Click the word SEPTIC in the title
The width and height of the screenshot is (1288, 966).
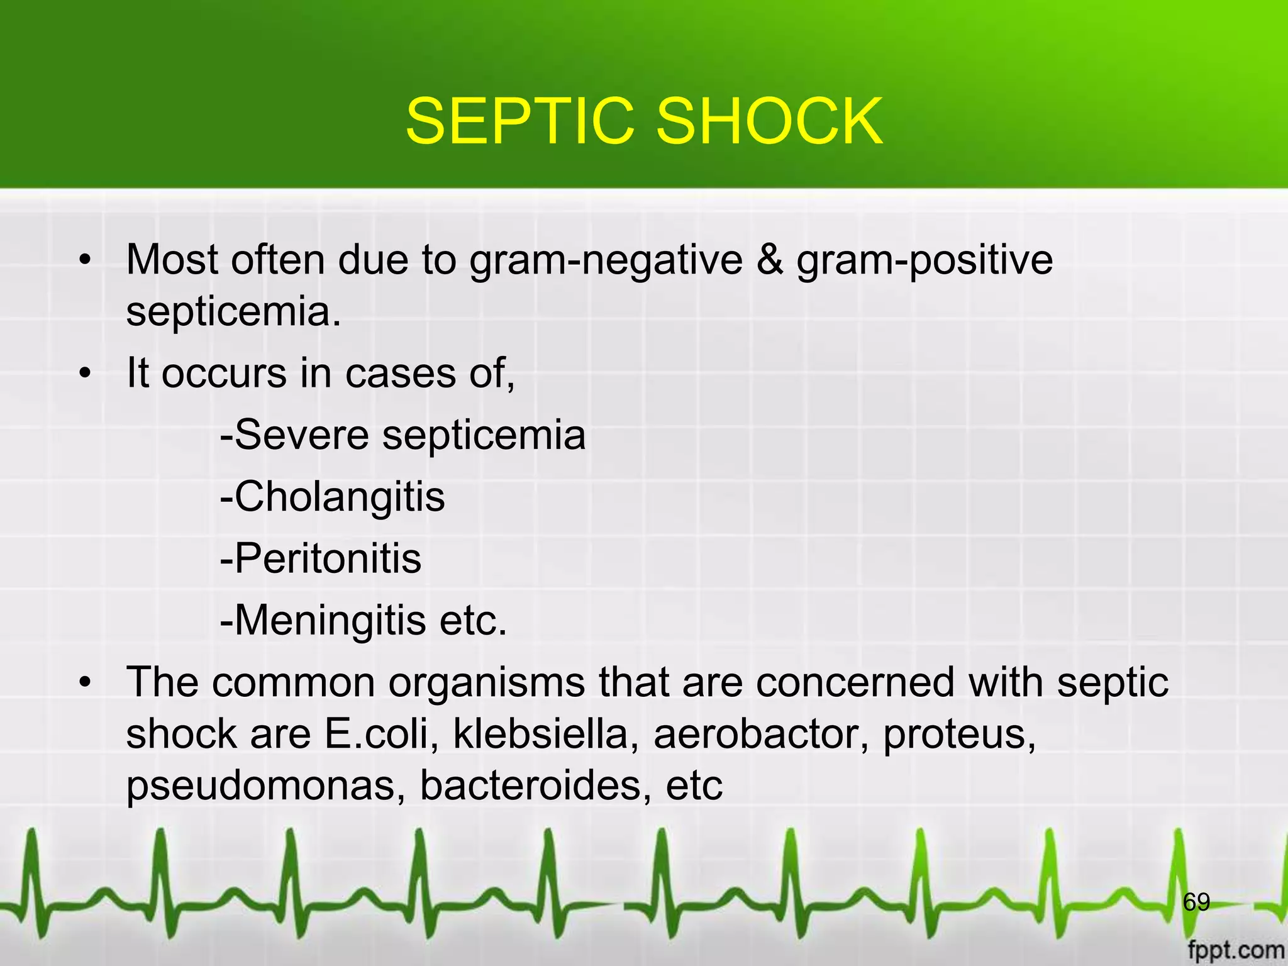pyautogui.click(x=519, y=121)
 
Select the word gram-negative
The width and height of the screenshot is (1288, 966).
pyautogui.click(x=606, y=260)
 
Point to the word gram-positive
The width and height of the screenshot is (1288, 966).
pyautogui.click(x=924, y=260)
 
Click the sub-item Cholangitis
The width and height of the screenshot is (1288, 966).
pyautogui.click(x=333, y=497)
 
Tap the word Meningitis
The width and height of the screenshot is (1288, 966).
pyautogui.click(x=323, y=621)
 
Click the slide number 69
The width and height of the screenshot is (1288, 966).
pyautogui.click(x=1196, y=902)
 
